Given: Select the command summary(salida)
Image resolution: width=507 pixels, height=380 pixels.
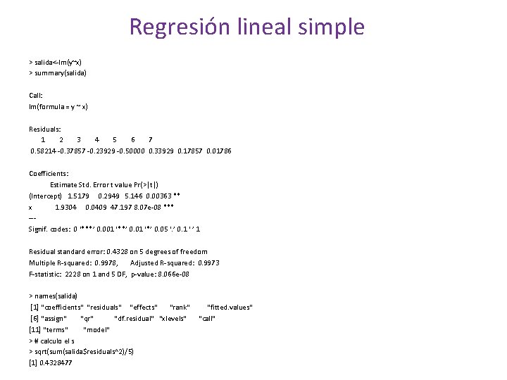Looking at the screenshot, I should click(x=60, y=72).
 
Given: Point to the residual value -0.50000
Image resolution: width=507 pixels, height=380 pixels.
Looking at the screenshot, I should click(x=132, y=151).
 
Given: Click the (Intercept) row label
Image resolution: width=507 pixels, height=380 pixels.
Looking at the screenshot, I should click(x=46, y=196).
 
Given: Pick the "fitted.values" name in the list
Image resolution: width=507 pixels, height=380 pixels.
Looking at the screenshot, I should click(x=230, y=307).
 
